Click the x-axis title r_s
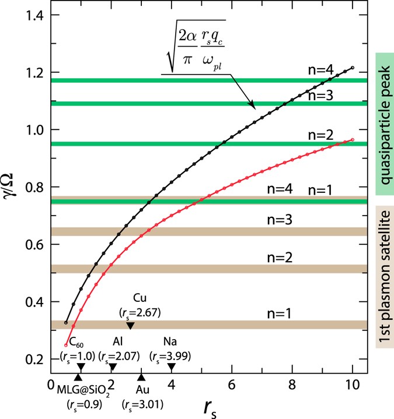pos(204,405)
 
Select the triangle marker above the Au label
pos(141,378)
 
